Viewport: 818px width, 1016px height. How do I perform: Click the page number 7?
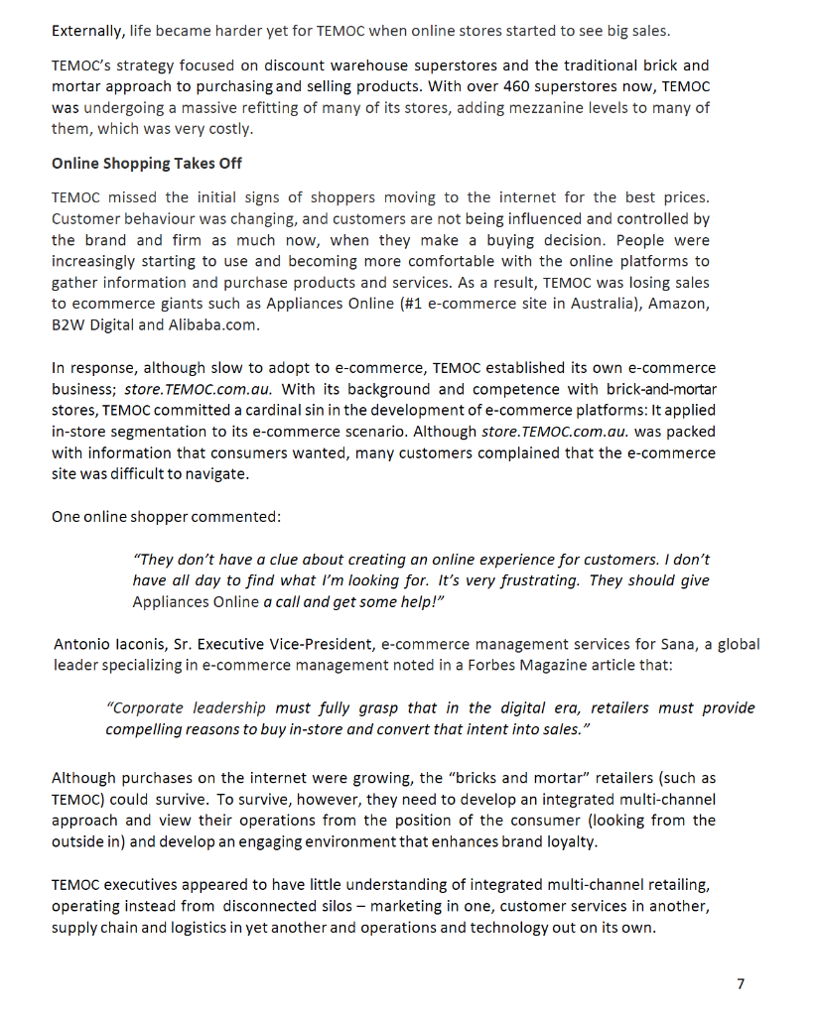click(740, 983)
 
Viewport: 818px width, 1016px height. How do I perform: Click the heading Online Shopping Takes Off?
click(146, 163)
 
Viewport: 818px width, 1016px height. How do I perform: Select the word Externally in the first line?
click(87, 31)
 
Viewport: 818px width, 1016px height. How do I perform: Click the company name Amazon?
click(680, 304)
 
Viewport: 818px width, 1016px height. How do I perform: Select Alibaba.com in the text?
click(212, 324)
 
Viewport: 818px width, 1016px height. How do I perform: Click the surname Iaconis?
click(152, 644)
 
